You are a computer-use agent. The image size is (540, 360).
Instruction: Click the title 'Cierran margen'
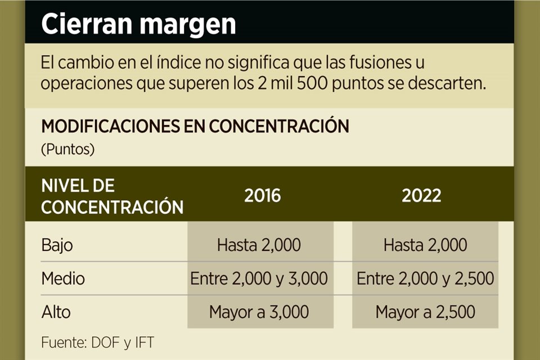click(138, 24)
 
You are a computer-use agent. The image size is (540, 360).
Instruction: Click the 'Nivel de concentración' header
click(112, 196)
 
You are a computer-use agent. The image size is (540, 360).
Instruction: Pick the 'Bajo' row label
click(57, 245)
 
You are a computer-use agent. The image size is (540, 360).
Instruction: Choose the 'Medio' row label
click(63, 278)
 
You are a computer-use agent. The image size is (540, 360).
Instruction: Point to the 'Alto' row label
click(56, 311)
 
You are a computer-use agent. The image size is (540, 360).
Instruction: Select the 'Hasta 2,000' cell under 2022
click(425, 245)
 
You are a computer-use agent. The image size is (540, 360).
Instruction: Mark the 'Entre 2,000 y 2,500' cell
click(425, 278)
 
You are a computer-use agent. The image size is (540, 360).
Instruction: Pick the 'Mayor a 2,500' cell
click(425, 311)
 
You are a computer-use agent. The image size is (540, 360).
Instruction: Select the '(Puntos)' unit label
click(67, 150)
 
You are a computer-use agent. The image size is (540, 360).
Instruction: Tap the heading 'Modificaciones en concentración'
click(195, 126)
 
